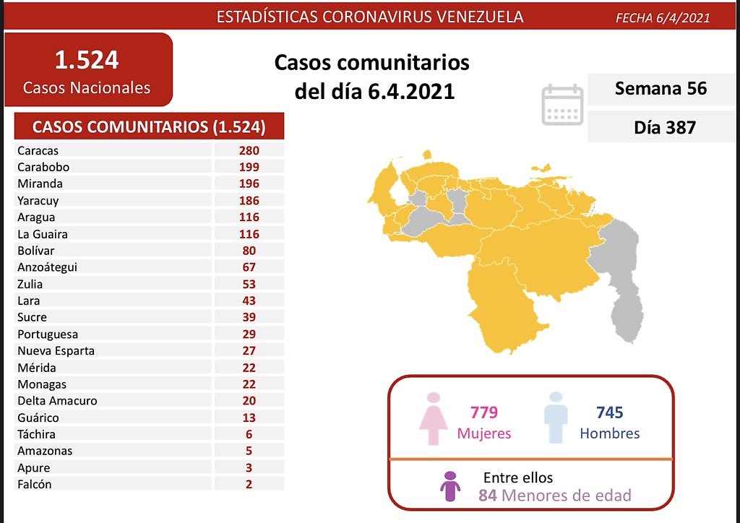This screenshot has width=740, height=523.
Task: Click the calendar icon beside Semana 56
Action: pos(562,105)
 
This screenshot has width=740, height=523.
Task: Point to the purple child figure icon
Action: pos(451,486)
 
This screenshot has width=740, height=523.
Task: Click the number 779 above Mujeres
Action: pos(483,412)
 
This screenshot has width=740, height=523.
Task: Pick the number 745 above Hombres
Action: pos(609,412)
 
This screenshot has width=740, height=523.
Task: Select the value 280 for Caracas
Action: pos(249,150)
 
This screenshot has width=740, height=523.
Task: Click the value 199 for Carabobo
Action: pos(249,167)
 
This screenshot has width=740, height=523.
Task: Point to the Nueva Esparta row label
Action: pos(57,350)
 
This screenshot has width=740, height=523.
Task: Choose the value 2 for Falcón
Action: pos(249,484)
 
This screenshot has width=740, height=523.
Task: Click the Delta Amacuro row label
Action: pos(58,400)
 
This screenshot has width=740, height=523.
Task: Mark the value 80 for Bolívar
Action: pos(249,251)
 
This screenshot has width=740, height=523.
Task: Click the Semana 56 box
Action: pos(661,89)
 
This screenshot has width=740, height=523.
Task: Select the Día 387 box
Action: pos(661,127)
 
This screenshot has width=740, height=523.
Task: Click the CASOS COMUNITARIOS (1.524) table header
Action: pos(149,127)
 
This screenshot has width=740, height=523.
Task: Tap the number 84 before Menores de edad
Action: pos(488,496)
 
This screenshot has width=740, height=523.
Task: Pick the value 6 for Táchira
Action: pos(249,434)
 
